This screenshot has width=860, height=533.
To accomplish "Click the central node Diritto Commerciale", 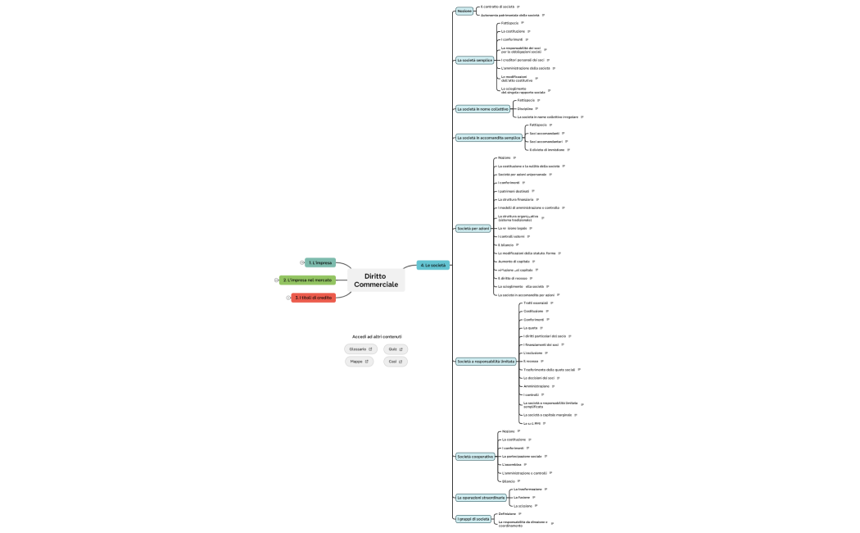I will [377, 280].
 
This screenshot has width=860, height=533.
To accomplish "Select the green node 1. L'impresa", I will [320, 262].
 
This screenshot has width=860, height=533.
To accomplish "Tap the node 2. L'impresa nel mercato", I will [307, 280].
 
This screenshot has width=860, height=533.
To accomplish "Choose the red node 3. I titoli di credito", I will [313, 298].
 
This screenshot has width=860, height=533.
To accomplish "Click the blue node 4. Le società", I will [432, 266].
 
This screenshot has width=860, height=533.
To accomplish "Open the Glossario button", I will [360, 349].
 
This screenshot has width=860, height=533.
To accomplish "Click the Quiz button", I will [395, 349].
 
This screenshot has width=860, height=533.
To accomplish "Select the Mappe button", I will [360, 362].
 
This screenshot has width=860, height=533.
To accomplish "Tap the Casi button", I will [395, 362].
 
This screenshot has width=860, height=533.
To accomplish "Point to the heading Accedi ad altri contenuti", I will [377, 336].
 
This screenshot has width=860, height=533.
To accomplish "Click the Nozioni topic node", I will [464, 11].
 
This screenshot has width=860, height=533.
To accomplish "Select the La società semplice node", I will [474, 60].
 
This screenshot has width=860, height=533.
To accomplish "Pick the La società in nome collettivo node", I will [482, 108].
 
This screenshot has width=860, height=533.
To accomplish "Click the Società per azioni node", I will [473, 228].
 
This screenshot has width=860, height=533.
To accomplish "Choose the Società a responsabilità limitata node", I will [486, 361].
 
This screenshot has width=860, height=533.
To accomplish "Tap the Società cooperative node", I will [475, 456].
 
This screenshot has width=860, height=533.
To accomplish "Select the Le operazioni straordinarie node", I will [481, 498].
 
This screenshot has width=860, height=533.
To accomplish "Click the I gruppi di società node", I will [473, 518].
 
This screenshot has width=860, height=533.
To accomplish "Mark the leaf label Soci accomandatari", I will [545, 141].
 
